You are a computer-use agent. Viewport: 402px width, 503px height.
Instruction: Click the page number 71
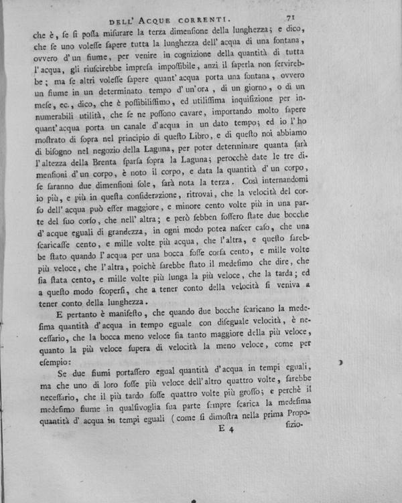coord(291,19)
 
